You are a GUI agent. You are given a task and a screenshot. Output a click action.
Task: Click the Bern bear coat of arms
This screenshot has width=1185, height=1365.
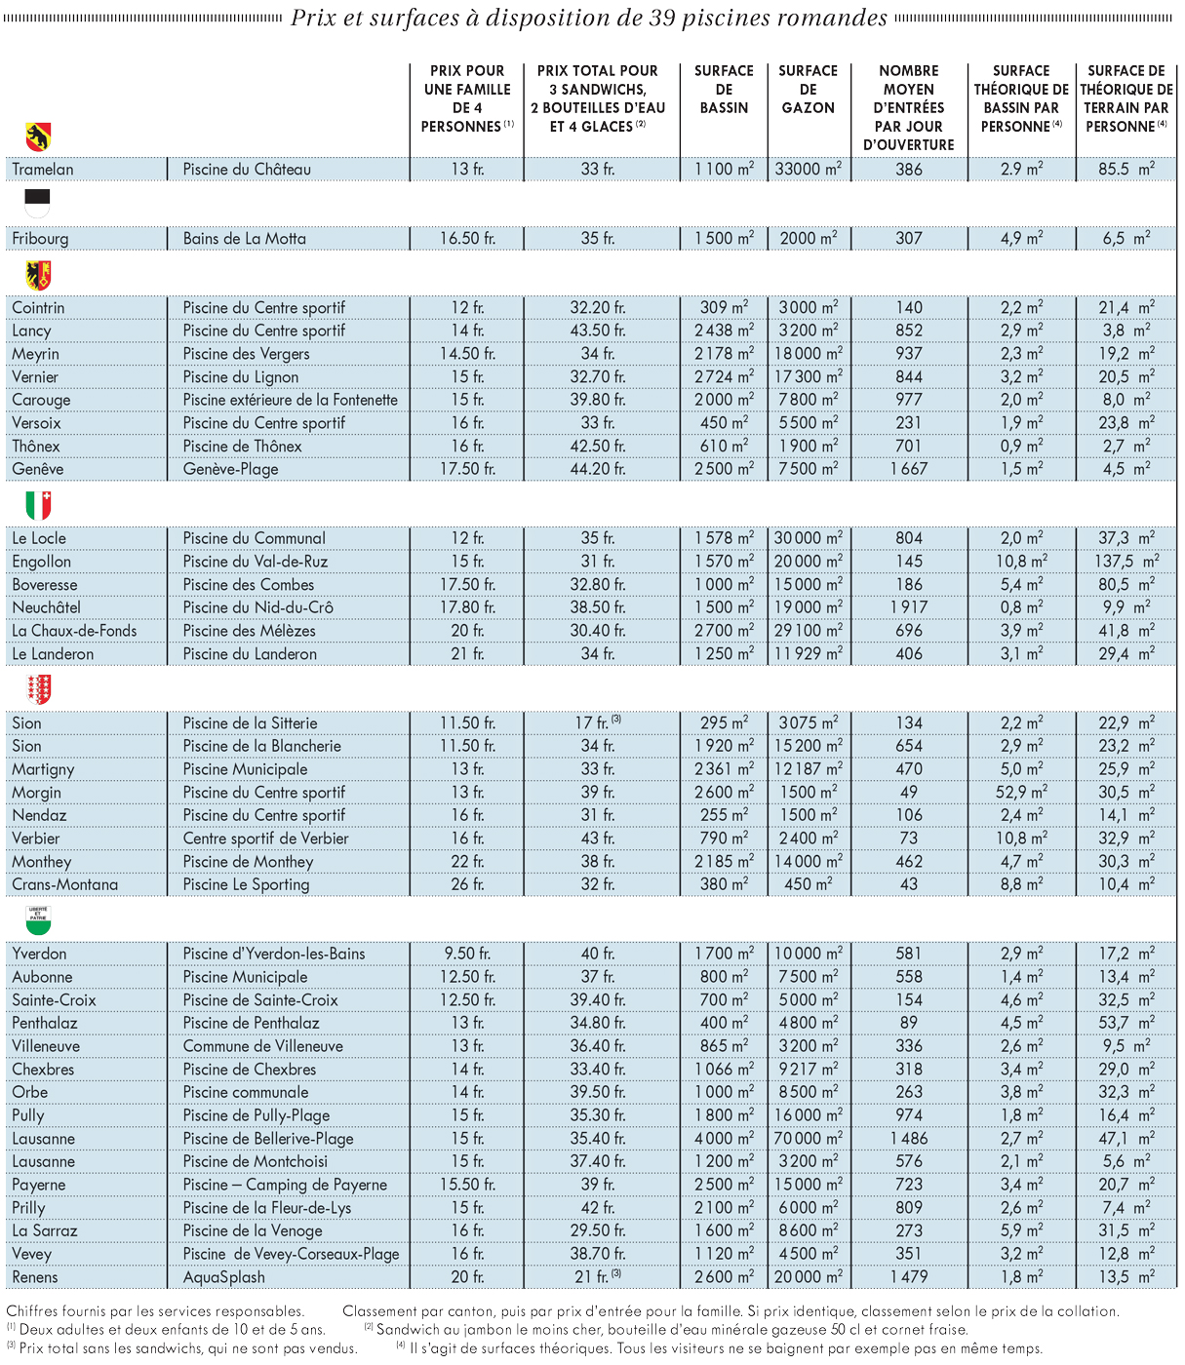pos(38,136)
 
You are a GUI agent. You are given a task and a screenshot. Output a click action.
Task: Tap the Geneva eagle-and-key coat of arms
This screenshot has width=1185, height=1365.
pos(38,275)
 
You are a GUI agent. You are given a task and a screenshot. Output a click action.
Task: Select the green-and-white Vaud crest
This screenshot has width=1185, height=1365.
pos(38,920)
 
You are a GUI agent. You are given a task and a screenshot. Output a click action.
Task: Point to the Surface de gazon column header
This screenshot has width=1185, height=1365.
pos(808,90)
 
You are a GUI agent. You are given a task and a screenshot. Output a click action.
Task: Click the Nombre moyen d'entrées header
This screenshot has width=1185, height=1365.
pos(908,107)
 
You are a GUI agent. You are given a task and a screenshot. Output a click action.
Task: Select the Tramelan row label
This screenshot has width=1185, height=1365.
pos(43,170)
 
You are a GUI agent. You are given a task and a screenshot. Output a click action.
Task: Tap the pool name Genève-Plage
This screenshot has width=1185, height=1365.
pos(230,470)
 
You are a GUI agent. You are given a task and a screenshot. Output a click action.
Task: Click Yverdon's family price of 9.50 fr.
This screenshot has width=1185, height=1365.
pos(467,954)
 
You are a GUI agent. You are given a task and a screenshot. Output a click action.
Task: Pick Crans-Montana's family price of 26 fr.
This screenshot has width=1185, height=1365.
pos(467,884)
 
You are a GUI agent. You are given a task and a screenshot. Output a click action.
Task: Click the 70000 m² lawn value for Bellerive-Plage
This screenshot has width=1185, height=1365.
pos(808,1138)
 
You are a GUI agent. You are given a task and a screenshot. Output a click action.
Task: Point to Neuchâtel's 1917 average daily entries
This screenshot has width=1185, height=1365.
pos(908,607)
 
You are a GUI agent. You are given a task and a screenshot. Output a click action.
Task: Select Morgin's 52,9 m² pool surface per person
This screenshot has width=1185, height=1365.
pos(1021,792)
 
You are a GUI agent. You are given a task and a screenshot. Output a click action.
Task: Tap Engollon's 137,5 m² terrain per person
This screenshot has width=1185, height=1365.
pos(1126,561)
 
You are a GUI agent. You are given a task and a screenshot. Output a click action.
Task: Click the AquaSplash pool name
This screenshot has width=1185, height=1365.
pos(223,1277)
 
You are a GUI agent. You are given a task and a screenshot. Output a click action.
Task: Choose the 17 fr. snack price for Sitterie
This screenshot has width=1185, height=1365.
pos(598,722)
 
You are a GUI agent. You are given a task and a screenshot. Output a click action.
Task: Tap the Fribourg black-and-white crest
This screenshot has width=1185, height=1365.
pos(37,204)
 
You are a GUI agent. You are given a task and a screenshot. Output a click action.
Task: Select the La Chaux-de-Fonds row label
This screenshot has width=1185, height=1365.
pos(74,631)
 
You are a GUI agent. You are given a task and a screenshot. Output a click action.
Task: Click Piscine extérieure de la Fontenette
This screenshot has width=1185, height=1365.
pos(291,400)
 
